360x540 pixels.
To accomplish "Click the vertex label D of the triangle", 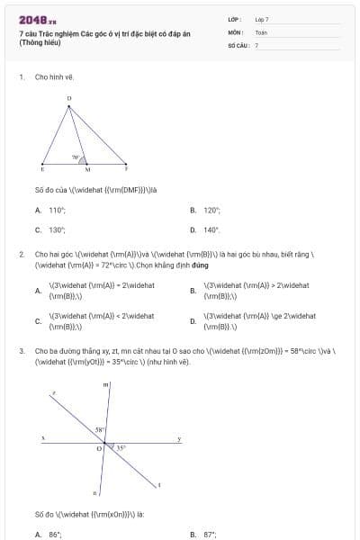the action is click(x=68, y=98).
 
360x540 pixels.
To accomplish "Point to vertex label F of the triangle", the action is click(x=126, y=169).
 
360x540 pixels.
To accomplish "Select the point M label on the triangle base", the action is click(x=87, y=170).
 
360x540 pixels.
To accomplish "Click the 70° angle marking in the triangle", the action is click(x=76, y=157).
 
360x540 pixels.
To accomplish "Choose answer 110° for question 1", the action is click(x=57, y=210).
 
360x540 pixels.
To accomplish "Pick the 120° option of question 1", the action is click(x=211, y=210).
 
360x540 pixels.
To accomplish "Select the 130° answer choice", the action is click(x=57, y=229).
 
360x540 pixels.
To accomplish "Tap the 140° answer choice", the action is click(x=211, y=229).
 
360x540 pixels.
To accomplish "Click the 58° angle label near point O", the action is click(x=100, y=430).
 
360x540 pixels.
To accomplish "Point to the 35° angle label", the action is click(x=121, y=447).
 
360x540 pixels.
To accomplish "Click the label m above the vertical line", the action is click(x=106, y=385).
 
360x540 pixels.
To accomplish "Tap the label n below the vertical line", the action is click(x=94, y=493).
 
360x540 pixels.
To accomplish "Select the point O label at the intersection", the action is click(x=99, y=447).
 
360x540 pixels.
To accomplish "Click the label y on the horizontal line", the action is click(x=178, y=438).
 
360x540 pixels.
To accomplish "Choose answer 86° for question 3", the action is click(x=55, y=534).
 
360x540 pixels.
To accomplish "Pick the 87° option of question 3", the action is click(x=211, y=534).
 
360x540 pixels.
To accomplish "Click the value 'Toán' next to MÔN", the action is click(x=261, y=31).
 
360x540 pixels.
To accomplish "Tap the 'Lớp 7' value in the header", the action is click(x=262, y=19).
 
